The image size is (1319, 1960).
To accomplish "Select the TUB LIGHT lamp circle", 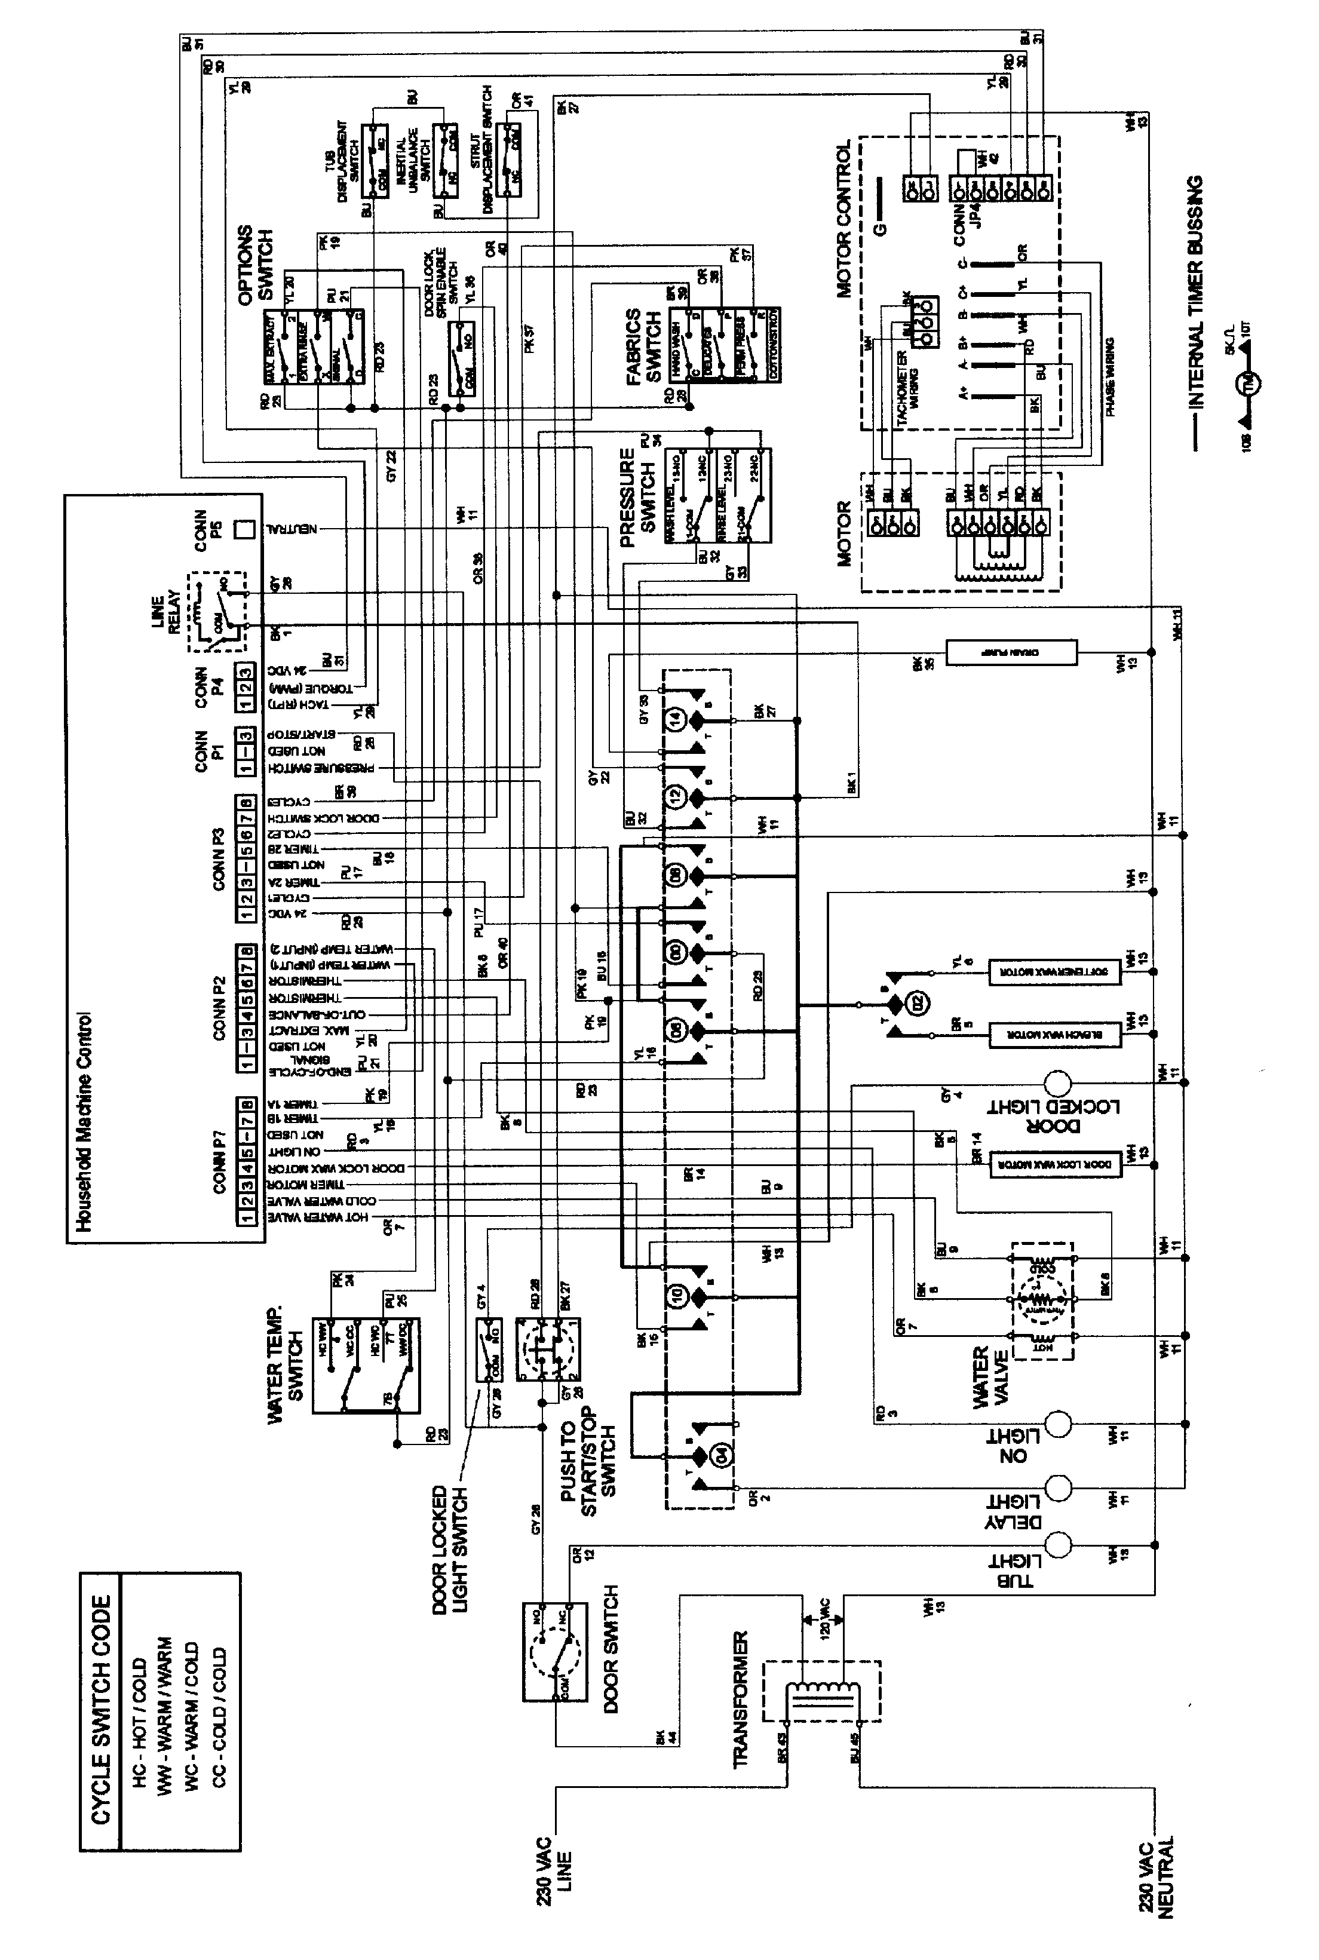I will [1057, 1544].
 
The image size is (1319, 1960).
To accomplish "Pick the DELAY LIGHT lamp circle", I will [1057, 1487].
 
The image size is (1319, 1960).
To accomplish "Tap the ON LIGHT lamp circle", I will [1057, 1424].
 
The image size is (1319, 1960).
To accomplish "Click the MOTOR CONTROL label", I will [843, 218].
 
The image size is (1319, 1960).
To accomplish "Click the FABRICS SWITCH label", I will [643, 346].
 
